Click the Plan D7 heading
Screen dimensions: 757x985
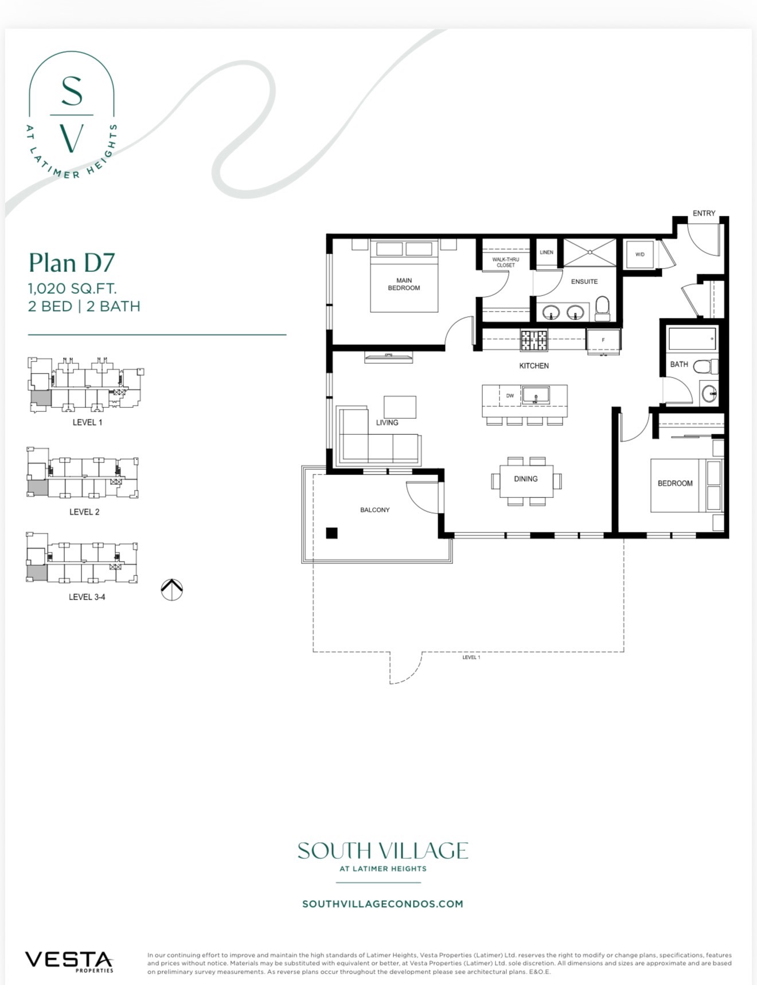click(72, 263)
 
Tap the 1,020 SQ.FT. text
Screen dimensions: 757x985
click(72, 289)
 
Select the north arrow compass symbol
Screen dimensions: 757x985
click(171, 590)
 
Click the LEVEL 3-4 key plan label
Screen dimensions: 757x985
click(87, 597)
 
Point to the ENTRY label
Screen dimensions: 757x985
click(704, 213)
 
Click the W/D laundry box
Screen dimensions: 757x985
click(639, 254)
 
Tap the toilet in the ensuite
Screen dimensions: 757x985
click(602, 309)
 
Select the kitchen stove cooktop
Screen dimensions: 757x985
click(534, 340)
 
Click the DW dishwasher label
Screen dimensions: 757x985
click(510, 396)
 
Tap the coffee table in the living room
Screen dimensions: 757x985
click(400, 407)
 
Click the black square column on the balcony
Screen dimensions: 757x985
click(331, 533)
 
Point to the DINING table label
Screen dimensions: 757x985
click(526, 478)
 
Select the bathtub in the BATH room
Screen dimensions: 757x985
click(692, 339)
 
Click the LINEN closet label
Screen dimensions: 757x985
click(547, 252)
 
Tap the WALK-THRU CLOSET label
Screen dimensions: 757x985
click(506, 262)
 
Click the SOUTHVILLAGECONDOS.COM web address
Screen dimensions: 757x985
click(383, 904)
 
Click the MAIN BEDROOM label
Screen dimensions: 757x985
click(404, 285)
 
